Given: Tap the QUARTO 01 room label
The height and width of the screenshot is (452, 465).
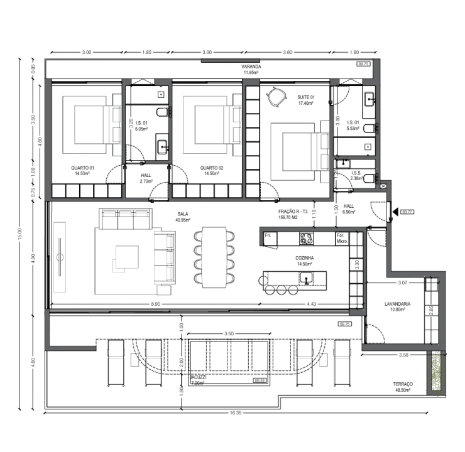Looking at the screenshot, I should click(x=82, y=168).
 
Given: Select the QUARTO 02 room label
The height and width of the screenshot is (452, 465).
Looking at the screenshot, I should click(x=212, y=168).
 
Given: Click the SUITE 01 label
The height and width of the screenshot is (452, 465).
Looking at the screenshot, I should click(x=305, y=97).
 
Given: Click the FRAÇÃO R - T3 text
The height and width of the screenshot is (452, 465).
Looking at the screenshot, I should click(x=292, y=212).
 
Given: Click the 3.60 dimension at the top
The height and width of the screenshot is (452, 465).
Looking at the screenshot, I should click(x=288, y=52).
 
